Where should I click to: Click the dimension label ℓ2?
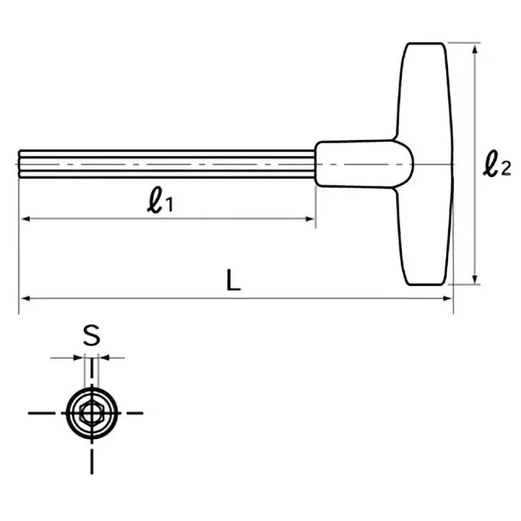tap(496, 164)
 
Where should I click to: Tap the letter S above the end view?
tap(92, 336)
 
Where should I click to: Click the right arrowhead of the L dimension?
tap(447, 298)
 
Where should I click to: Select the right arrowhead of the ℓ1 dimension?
tap(311, 219)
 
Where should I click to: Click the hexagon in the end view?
tap(91, 412)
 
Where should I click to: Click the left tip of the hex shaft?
tap(20, 163)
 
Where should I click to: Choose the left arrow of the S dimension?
tap(79, 357)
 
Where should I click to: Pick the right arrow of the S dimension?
tap(103, 357)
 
